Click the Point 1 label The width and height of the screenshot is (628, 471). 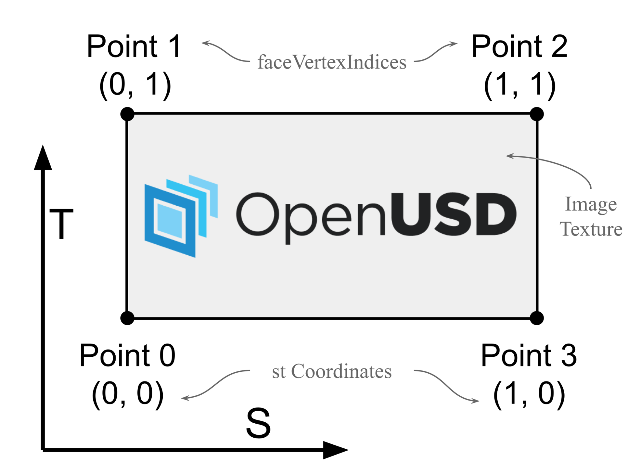[134, 46]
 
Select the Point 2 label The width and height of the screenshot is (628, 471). [519, 46]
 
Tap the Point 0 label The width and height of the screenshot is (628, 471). [127, 355]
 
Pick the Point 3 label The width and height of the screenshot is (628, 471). [529, 355]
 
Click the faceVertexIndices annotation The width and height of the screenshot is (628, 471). [332, 62]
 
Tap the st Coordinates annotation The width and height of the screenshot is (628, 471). [332, 371]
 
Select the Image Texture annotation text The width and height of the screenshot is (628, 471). [591, 217]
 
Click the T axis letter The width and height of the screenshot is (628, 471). [61, 224]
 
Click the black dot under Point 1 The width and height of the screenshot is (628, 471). [127, 114]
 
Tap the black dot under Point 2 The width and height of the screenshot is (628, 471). [537, 114]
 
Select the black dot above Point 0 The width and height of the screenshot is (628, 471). [127, 318]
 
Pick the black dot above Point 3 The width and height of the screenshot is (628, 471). [537, 318]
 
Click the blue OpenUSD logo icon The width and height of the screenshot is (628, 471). [181, 217]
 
